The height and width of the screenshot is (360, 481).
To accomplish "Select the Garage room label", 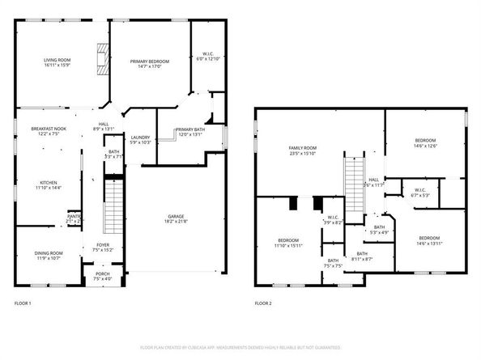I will click(x=175, y=217).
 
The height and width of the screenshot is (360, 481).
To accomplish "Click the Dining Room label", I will click(x=48, y=256).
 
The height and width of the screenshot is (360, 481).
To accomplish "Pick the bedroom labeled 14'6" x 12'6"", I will click(x=425, y=143).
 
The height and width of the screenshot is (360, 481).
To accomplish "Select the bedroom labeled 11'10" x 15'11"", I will click(x=288, y=244).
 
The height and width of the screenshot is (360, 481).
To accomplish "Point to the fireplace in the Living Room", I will click(x=101, y=59).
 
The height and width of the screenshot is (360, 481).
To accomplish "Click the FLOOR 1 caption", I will click(x=23, y=303).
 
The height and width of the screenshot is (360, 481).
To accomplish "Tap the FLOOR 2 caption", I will click(x=263, y=303).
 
